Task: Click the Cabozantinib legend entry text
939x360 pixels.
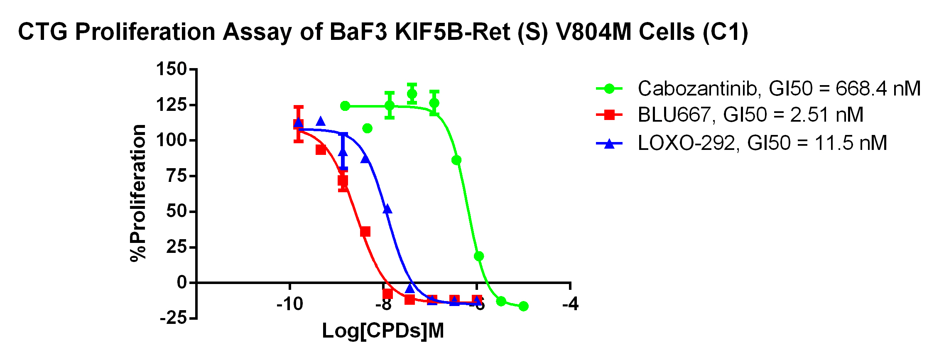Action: (x=779, y=88)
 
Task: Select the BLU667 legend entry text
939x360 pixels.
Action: (x=750, y=115)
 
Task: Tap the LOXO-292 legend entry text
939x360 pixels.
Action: (x=762, y=143)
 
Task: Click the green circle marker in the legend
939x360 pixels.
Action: (x=609, y=88)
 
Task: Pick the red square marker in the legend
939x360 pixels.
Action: (x=609, y=115)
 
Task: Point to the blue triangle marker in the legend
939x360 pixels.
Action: (x=609, y=144)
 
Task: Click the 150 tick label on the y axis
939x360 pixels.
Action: (x=171, y=69)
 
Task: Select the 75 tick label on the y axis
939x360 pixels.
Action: (x=177, y=176)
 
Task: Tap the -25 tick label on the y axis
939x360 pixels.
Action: (x=173, y=318)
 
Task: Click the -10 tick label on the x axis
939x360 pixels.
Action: (x=290, y=304)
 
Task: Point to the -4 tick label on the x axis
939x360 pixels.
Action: (x=570, y=304)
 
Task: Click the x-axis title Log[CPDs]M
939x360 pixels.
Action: (x=383, y=331)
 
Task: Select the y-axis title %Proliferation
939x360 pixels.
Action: (x=138, y=193)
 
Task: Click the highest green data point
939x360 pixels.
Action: (x=412, y=94)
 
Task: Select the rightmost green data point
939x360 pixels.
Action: (x=524, y=306)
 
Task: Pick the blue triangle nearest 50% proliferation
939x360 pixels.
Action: (x=387, y=209)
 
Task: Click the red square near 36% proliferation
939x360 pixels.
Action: (x=365, y=232)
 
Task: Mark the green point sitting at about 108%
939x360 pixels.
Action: (x=367, y=128)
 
